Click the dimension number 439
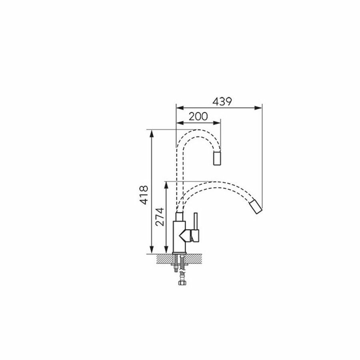coord(222,102)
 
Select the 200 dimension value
coord(198,116)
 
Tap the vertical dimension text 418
coord(144,195)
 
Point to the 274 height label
coord(160,217)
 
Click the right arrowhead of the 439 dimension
coord(258,108)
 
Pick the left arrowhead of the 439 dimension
coord(180,108)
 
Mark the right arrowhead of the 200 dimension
coord(217,123)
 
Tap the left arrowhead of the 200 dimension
coord(180,123)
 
